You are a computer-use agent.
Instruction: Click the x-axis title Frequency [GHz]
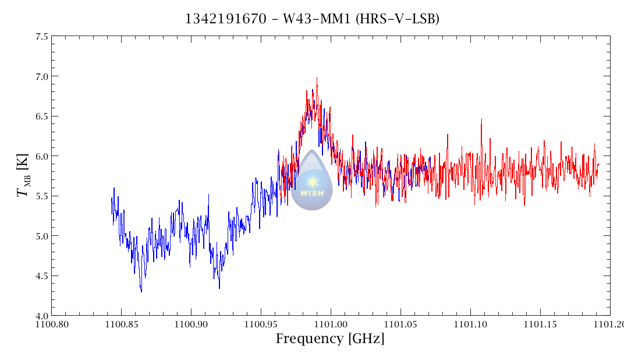click(330, 339)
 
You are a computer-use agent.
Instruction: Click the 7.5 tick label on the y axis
click(42, 37)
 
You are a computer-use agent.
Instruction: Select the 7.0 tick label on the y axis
click(42, 76)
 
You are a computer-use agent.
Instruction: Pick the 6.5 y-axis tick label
click(42, 117)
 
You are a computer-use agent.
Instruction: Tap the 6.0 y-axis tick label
click(42, 156)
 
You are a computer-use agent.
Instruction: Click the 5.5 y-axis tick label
click(42, 196)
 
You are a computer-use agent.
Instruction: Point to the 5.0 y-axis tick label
click(42, 236)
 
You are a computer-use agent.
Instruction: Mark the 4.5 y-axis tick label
click(42, 276)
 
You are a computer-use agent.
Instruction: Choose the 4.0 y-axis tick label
click(42, 316)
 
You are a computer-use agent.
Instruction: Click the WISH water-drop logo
click(312, 180)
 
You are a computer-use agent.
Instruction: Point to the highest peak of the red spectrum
click(317, 77)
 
